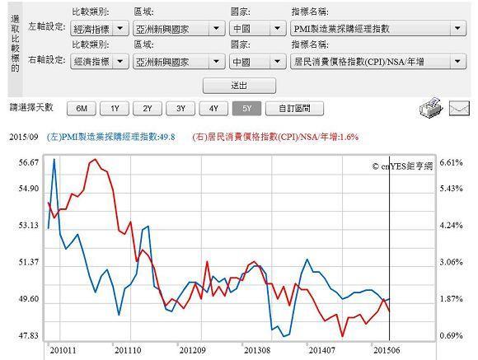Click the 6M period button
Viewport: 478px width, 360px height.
coord(81,108)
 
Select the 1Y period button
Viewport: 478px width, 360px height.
coord(115,108)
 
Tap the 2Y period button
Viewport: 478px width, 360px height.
coord(148,108)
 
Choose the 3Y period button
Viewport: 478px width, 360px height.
coord(180,108)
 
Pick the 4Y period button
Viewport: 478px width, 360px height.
coord(213,108)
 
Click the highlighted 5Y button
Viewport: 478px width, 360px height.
coord(246,108)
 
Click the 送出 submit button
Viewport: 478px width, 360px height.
coord(239,86)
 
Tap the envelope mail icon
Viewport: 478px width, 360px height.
coord(457,108)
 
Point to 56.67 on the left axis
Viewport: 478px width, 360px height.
coord(28,162)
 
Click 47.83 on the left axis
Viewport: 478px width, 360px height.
coord(28,336)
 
